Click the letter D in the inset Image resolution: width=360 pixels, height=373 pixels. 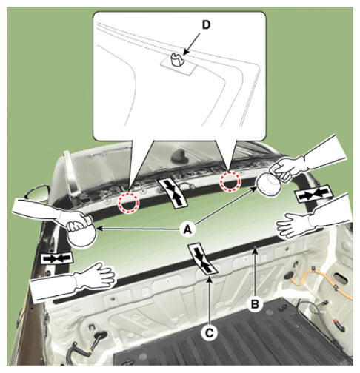(206, 24)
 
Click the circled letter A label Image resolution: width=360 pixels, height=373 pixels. (188, 229)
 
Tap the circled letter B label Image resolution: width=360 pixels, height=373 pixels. (255, 304)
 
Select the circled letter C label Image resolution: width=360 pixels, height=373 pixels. (210, 333)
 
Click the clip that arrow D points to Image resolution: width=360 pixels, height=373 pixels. (176, 60)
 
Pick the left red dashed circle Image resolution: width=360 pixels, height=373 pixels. (129, 203)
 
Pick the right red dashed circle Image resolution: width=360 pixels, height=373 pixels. (230, 182)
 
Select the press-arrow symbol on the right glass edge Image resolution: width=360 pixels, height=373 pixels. (313, 194)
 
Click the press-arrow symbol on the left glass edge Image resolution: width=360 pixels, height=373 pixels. (57, 258)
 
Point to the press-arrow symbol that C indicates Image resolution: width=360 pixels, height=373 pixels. (202, 259)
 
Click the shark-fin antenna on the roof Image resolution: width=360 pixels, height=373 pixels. (179, 156)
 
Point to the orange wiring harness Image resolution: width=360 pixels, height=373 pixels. (321, 283)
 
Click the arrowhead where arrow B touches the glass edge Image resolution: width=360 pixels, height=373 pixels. (255, 250)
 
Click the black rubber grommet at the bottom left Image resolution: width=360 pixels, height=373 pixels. (100, 335)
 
